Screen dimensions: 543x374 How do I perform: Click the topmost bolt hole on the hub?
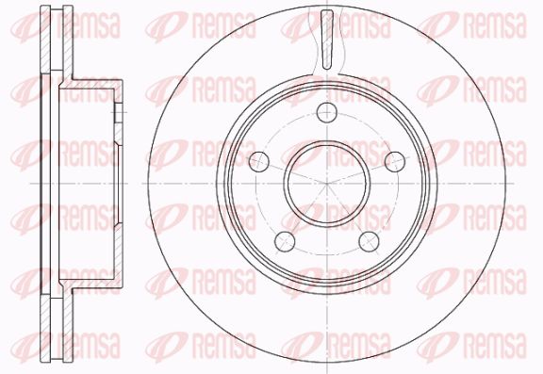point(327,112)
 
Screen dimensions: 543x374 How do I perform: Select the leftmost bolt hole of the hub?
point(259,162)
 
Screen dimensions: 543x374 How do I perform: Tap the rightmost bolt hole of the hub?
point(395,162)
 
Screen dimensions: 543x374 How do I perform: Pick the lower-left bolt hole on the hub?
point(285,242)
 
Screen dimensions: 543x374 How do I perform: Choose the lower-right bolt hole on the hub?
point(370,242)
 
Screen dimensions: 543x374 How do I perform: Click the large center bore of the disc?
point(327,184)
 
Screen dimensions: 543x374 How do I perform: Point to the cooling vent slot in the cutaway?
point(327,40)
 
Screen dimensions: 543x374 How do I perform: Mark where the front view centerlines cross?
point(327,184)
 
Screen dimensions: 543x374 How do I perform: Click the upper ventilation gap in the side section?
point(57,39)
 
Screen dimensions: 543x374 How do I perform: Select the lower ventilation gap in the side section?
point(57,329)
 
